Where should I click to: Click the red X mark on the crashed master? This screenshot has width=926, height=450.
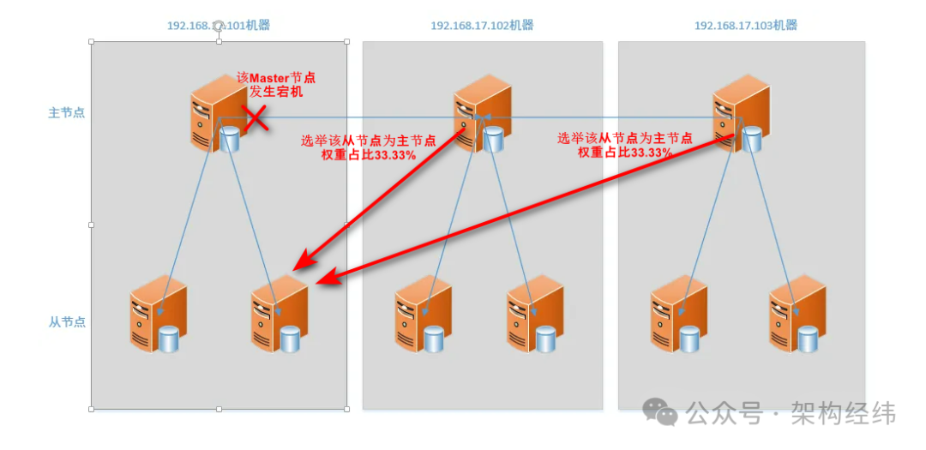pos(255,119)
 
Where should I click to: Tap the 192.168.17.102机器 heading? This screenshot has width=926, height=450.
pos(482,26)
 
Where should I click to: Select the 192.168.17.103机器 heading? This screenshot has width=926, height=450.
pos(745,26)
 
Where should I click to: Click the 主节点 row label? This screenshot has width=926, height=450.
pos(66,112)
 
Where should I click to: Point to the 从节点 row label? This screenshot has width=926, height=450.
pos(66,321)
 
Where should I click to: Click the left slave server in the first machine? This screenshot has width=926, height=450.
pos(157,315)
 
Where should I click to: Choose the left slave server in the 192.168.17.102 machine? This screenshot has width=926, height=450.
pos(422,315)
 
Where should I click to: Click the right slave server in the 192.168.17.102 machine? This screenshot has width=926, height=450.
pos(533,315)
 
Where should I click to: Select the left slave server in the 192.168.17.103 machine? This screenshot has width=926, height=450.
pos(677,315)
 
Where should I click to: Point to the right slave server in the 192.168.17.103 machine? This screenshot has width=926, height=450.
pos(796,315)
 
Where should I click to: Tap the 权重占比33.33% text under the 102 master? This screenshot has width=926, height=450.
pos(369,155)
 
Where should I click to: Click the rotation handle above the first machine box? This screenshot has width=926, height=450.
pos(219,26)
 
